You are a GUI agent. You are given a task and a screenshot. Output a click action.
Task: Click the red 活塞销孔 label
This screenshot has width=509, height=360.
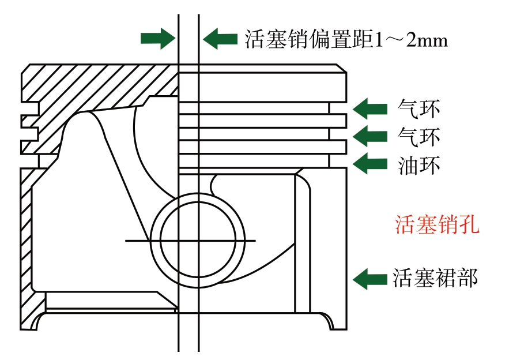[x=436, y=224]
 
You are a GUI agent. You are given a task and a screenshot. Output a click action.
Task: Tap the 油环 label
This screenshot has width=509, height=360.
[x=419, y=166]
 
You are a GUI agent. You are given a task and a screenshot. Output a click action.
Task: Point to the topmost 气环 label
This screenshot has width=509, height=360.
[x=419, y=107]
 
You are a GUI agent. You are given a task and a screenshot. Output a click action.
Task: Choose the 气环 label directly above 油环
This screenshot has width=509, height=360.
[x=419, y=137]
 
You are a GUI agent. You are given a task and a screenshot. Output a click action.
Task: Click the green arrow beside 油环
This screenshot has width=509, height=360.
[x=370, y=164]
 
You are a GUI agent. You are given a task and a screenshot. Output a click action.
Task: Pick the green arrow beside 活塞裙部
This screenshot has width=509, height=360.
[x=370, y=279]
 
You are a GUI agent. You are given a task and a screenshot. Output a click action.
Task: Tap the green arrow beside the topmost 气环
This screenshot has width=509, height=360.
[x=370, y=107]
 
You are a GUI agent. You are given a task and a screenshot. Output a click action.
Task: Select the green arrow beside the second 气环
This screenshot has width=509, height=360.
[x=370, y=136]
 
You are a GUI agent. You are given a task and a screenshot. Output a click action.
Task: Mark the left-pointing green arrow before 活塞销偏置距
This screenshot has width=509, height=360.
[x=220, y=39]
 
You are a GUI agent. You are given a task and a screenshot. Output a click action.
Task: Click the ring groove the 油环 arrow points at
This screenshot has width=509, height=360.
[x=337, y=161]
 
